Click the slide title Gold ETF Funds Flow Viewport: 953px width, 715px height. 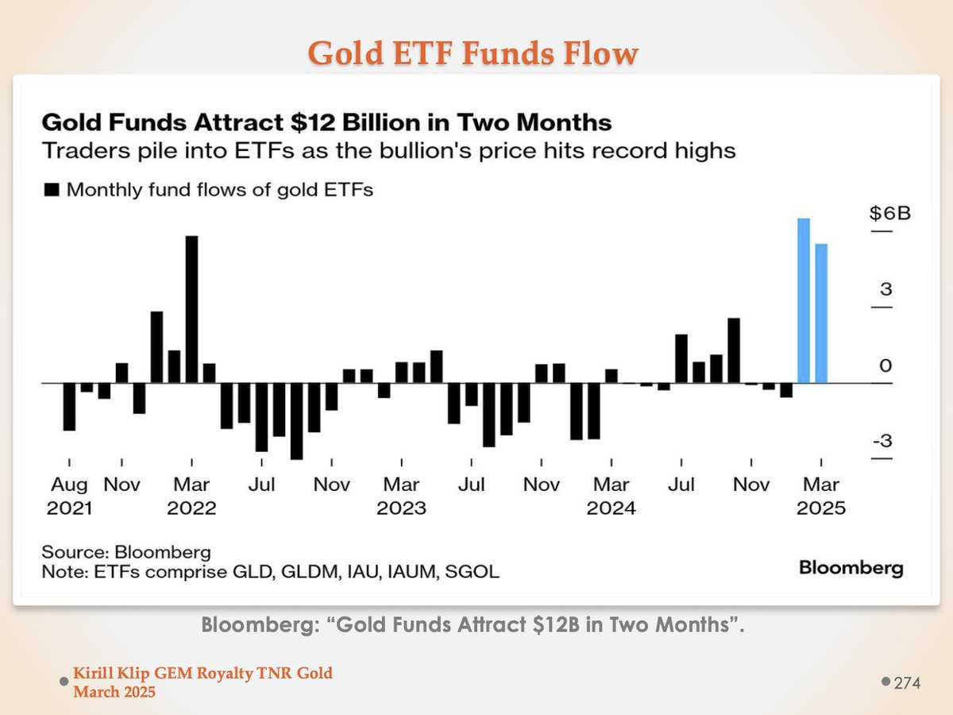[473, 53]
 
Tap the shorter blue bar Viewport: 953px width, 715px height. [820, 313]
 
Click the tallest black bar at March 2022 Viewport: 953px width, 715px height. [191, 309]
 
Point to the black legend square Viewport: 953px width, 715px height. [52, 190]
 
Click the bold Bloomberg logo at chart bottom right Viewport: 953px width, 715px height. [851, 568]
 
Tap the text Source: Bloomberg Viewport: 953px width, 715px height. [126, 552]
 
